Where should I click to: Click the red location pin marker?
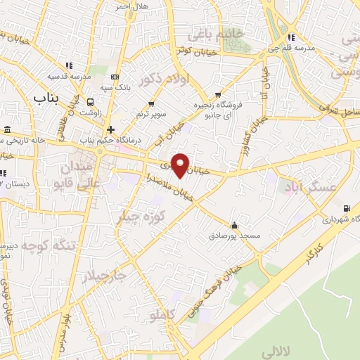(x=181, y=165)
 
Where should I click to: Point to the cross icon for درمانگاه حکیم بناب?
(x=110, y=129)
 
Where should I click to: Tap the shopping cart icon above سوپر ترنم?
(x=151, y=104)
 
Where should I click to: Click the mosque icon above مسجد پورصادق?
(x=234, y=226)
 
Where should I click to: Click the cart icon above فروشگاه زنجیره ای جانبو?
(x=218, y=94)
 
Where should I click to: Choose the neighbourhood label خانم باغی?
(x=214, y=34)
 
